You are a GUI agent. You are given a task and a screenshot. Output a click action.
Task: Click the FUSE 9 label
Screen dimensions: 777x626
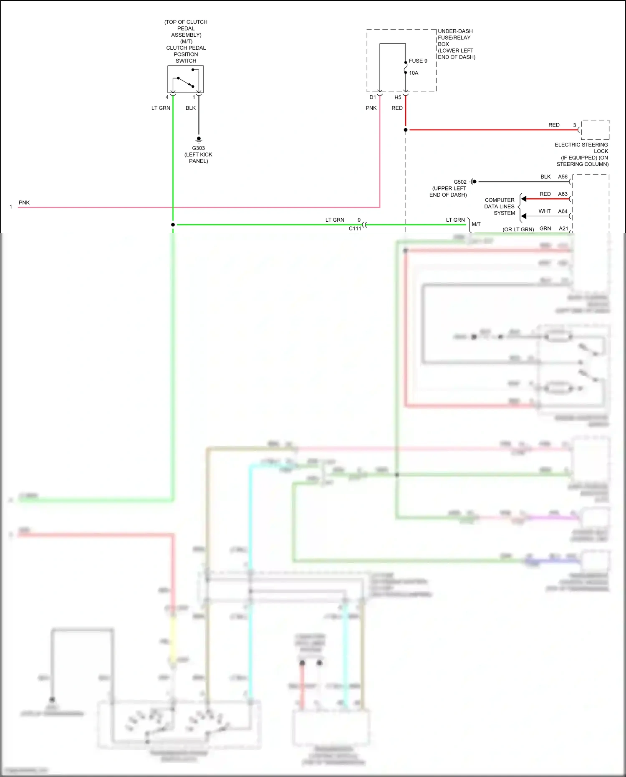[x=418, y=61]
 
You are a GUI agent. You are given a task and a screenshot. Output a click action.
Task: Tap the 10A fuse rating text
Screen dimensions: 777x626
[x=413, y=73]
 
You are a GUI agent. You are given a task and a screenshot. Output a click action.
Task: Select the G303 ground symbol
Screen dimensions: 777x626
[x=199, y=139]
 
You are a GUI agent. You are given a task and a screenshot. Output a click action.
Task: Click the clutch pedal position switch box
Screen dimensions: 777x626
[x=185, y=79]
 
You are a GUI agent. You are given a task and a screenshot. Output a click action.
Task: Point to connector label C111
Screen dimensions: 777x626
[x=355, y=228]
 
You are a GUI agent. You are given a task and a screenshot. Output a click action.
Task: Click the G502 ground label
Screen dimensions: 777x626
[x=460, y=182]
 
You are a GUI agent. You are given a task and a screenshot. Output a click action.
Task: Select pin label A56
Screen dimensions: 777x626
[x=563, y=177]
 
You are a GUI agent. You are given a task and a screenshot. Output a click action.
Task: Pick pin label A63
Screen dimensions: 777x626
[x=563, y=194]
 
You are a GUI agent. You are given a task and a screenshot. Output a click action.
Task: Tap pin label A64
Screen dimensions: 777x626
[x=563, y=211]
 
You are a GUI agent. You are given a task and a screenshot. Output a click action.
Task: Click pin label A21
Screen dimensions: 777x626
[x=563, y=228]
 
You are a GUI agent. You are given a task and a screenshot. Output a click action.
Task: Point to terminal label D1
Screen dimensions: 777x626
[x=372, y=97]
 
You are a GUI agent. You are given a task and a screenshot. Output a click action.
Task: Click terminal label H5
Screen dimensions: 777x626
[x=398, y=97]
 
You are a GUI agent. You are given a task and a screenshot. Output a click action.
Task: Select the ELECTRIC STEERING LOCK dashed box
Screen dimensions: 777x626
[x=595, y=130]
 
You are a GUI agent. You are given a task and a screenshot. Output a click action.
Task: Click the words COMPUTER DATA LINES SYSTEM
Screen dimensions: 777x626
[x=500, y=207]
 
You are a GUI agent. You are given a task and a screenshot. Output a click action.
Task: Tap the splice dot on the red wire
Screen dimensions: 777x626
[x=406, y=130]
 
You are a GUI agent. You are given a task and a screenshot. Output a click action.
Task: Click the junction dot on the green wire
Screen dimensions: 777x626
[x=173, y=225]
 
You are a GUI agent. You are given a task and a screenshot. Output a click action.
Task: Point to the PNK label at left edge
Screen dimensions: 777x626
[x=24, y=202]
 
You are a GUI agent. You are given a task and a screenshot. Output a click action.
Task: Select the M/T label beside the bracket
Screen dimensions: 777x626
[x=476, y=224]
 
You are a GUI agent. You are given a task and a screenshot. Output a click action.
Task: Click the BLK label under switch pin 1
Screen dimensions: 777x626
[x=190, y=108]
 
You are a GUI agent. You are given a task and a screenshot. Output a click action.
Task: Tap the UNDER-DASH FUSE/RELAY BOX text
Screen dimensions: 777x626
[x=456, y=44]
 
